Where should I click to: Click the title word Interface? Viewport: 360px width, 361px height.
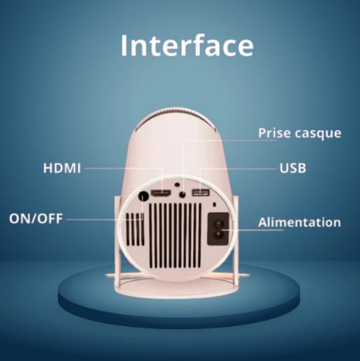click(x=187, y=45)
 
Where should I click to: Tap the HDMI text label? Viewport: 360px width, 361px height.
click(x=62, y=168)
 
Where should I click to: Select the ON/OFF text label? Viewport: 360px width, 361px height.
click(x=36, y=218)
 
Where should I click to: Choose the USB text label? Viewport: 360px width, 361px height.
click(x=293, y=168)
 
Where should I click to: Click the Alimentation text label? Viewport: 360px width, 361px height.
click(x=299, y=223)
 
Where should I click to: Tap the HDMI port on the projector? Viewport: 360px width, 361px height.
click(x=161, y=193)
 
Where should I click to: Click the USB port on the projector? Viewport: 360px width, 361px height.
click(x=201, y=193)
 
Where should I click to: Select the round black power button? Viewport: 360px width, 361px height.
click(x=144, y=196)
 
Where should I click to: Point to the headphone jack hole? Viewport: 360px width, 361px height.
click(x=182, y=194)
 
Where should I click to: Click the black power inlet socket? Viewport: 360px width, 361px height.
click(x=219, y=229)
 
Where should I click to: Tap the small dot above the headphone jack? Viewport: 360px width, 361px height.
click(x=177, y=185)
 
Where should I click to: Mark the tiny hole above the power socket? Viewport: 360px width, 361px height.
click(x=215, y=205)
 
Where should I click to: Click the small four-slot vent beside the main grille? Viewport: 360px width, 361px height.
click(x=135, y=229)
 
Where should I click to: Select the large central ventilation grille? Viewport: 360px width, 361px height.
click(x=176, y=235)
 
